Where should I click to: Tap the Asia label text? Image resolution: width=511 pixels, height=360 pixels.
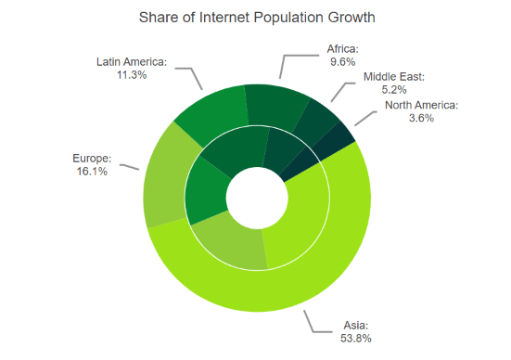(355, 326)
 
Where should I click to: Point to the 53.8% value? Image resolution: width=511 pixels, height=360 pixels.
(355, 339)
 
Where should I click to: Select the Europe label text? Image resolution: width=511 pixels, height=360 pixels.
(92, 158)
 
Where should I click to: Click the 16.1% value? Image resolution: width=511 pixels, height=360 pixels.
(92, 172)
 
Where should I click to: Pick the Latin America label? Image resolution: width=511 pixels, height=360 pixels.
(131, 62)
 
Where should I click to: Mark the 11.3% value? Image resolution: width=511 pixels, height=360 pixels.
(131, 75)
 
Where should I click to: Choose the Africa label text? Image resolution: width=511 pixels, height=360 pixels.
(342, 49)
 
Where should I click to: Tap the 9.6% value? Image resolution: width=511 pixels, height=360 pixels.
(342, 62)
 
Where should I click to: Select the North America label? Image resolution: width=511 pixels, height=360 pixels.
(421, 105)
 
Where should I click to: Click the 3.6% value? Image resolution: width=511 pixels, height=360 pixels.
(421, 119)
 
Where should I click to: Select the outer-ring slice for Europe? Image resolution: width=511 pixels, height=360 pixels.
(165, 176)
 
